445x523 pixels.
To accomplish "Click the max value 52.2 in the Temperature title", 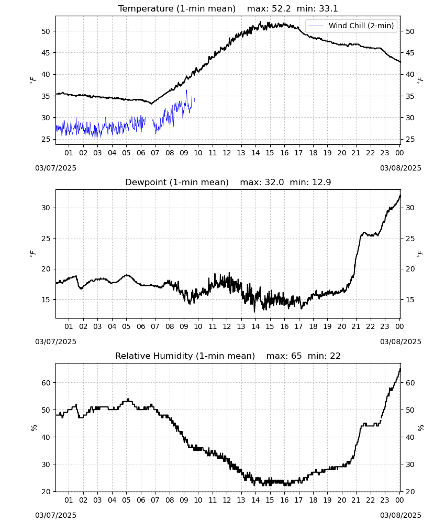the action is [281, 9].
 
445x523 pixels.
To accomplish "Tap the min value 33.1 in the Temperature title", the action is [328, 9].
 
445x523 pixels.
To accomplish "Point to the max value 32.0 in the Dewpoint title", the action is [274, 183].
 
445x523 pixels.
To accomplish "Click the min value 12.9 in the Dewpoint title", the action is [321, 183].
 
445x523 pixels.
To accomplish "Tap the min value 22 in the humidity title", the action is [335, 356].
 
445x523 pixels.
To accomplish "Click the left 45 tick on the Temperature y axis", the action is [46, 53].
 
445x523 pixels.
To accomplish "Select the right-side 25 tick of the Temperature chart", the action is [409, 139].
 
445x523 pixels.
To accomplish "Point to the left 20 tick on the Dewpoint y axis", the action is [46, 269].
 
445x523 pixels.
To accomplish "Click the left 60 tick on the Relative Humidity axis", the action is [46, 383].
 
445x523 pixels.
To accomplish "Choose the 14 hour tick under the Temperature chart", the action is [255, 153].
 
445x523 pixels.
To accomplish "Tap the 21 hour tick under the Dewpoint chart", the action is [356, 326].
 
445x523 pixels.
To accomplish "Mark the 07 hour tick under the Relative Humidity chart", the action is [155, 500].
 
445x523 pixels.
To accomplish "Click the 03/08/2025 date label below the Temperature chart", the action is [400, 168].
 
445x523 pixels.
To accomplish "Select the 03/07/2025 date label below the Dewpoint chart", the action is [55, 342].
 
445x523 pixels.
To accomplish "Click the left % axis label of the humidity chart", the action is [34, 428].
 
